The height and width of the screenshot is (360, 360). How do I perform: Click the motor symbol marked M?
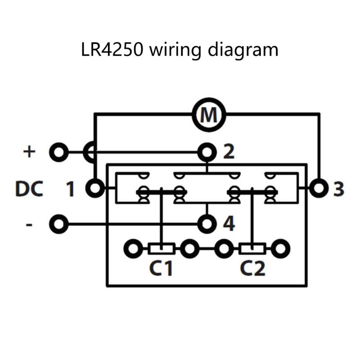[208, 115]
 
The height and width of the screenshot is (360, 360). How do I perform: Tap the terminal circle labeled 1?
[95, 188]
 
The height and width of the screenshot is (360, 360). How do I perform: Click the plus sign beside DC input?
[29, 152]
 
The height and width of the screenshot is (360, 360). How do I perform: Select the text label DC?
[29, 189]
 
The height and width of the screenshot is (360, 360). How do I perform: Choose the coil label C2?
[252, 269]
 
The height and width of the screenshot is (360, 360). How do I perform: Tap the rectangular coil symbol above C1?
[161, 248]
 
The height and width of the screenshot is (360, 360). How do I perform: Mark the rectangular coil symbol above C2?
[252, 248]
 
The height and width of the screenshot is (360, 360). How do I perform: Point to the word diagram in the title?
[243, 49]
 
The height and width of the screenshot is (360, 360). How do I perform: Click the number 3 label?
[338, 189]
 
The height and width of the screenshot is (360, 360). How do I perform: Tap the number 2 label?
[229, 153]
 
